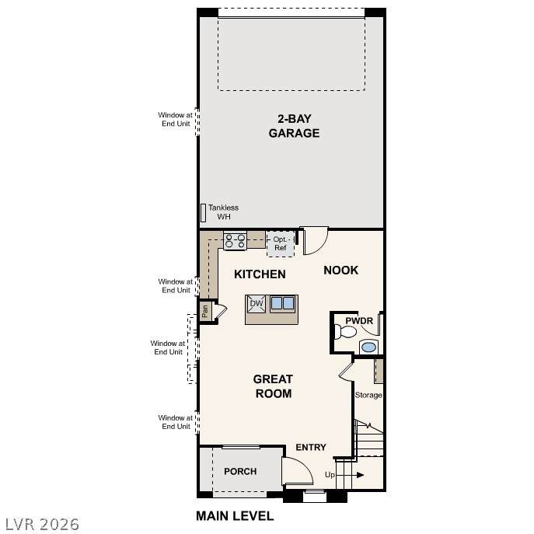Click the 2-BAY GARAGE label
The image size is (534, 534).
click(x=294, y=126)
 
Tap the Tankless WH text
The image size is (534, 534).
click(x=223, y=212)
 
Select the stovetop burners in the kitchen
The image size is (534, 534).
click(x=235, y=241)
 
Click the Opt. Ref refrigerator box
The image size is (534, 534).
click(x=281, y=244)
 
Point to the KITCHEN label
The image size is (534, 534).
click(x=260, y=274)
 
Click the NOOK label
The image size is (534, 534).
click(x=341, y=270)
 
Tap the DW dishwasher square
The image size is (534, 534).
click(x=256, y=304)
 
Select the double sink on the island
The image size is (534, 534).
click(x=282, y=303)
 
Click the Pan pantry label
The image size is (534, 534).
click(x=205, y=311)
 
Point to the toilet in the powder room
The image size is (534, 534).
click(x=345, y=331)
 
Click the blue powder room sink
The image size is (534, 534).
click(x=369, y=347)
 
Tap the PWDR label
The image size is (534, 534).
click(x=359, y=321)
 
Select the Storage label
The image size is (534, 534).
click(x=368, y=395)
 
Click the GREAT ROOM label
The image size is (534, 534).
click(x=273, y=386)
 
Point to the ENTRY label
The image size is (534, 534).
click(x=311, y=447)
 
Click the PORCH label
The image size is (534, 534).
click(x=240, y=471)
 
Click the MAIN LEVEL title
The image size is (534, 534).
click(x=235, y=516)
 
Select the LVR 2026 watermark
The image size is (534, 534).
click(x=42, y=525)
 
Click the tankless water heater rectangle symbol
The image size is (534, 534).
click(x=203, y=213)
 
